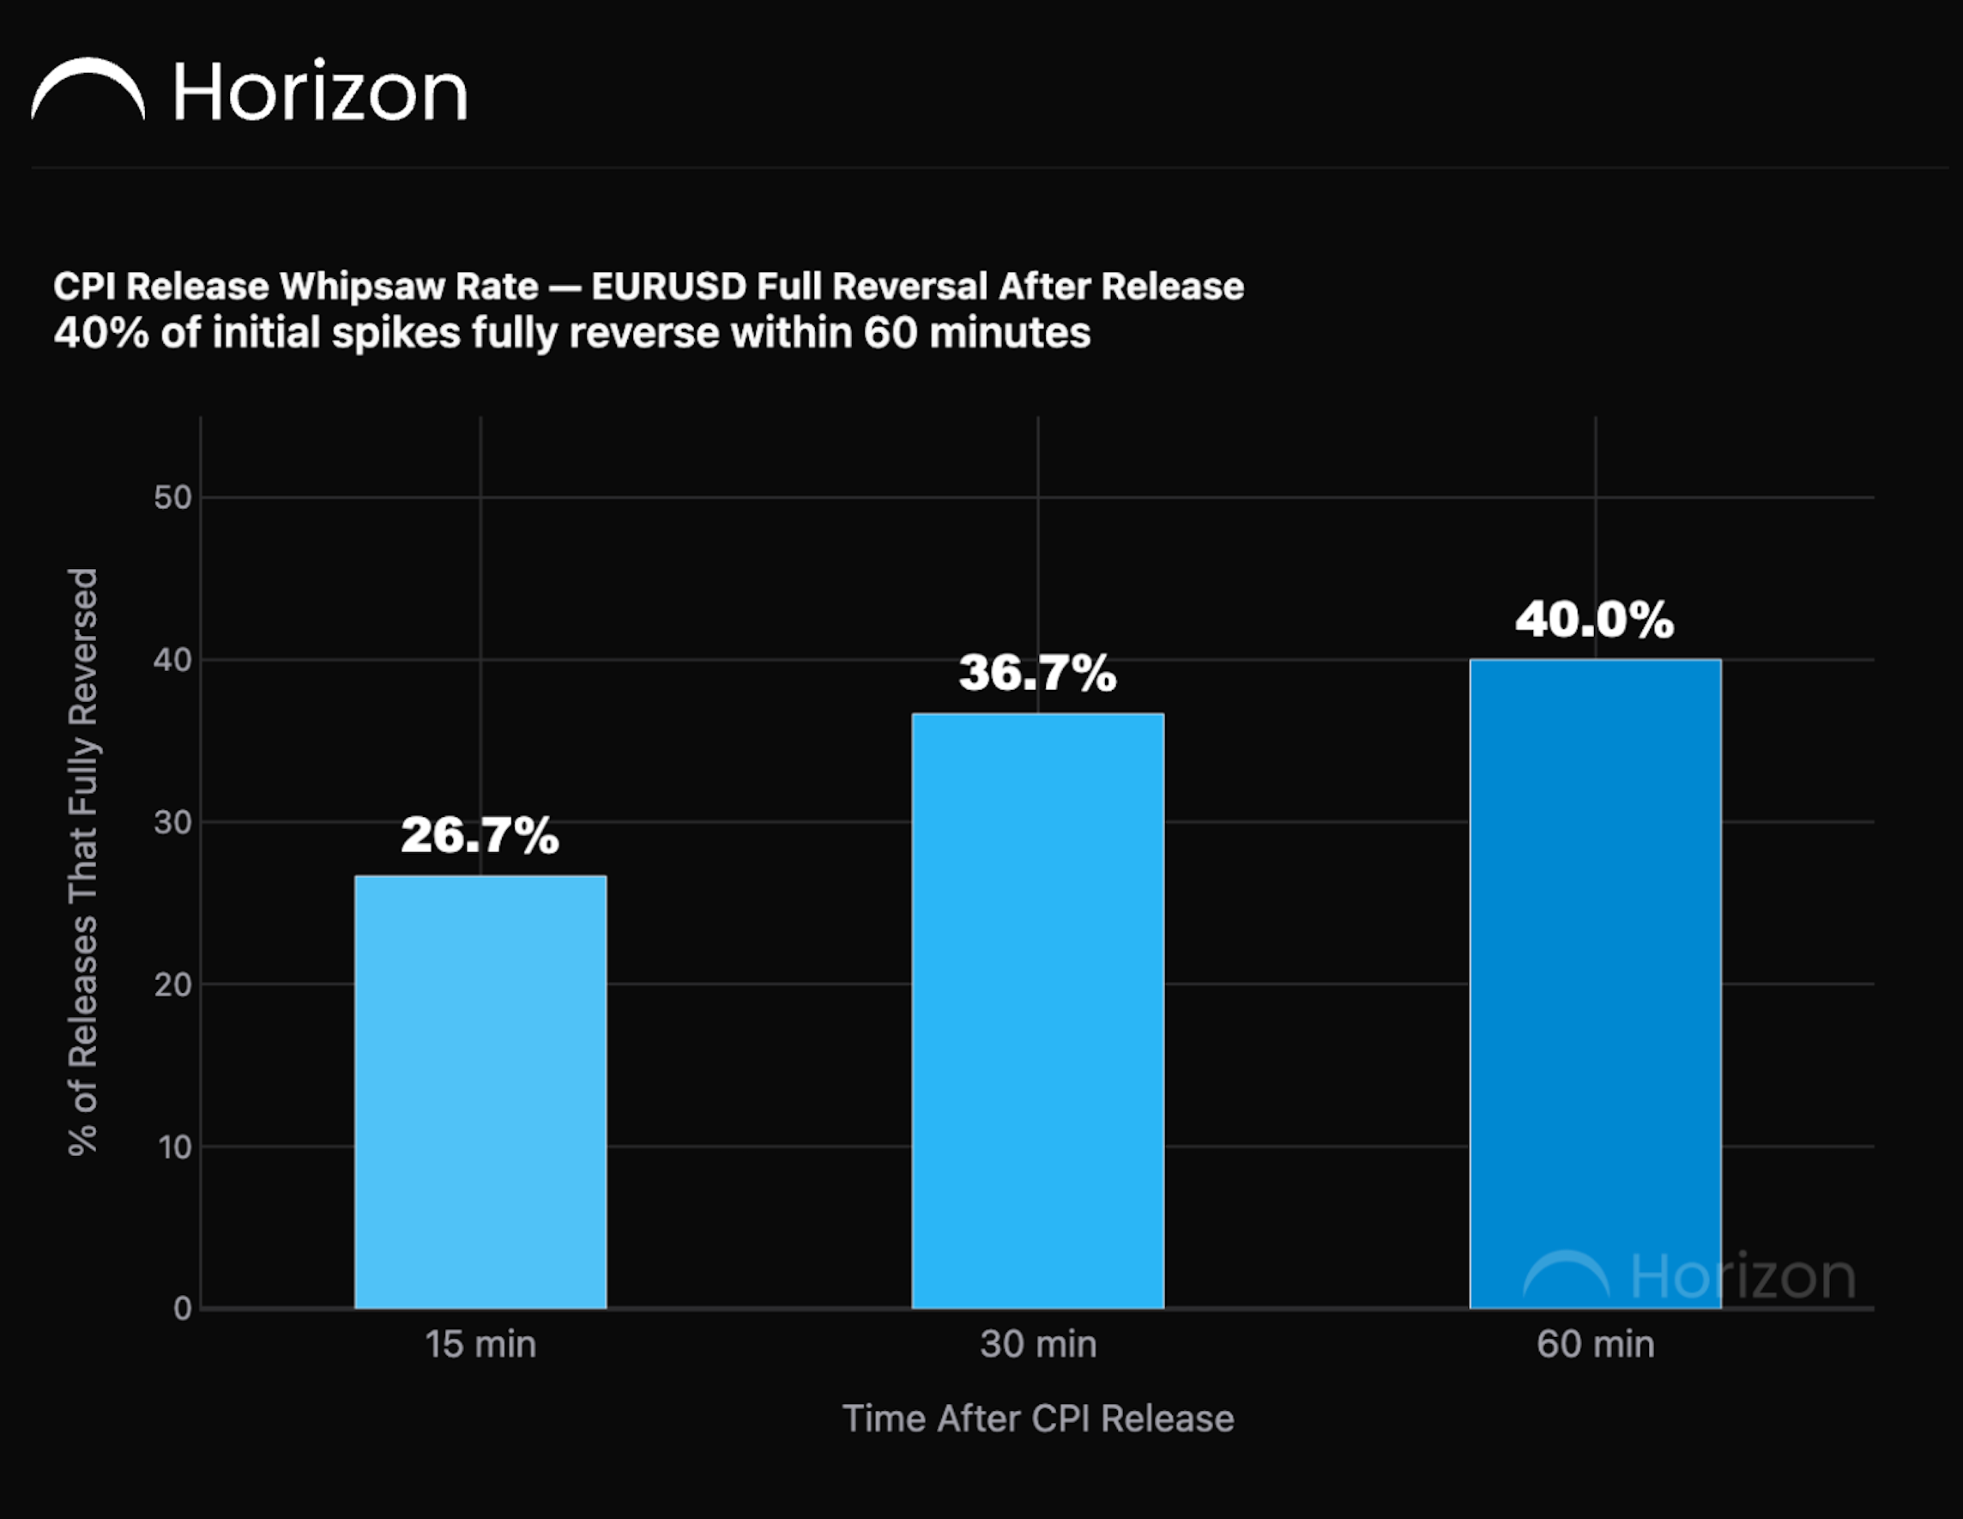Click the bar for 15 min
click(x=480, y=1092)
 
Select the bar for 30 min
click(x=1038, y=1011)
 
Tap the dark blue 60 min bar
click(x=1596, y=984)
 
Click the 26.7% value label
click(x=480, y=835)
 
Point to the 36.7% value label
click(x=1038, y=672)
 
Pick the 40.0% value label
click(x=1596, y=620)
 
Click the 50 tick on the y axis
click(x=172, y=497)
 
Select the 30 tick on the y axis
click(x=172, y=821)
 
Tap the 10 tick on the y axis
click(x=174, y=1147)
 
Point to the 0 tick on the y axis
click(x=183, y=1309)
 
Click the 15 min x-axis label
click(x=480, y=1345)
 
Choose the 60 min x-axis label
click(x=1596, y=1345)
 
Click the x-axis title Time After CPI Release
click(x=1038, y=1419)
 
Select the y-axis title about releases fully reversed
click(x=82, y=861)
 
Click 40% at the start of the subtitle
click(x=100, y=334)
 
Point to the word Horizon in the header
click(x=320, y=92)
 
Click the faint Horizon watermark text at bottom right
click(x=1743, y=1276)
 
